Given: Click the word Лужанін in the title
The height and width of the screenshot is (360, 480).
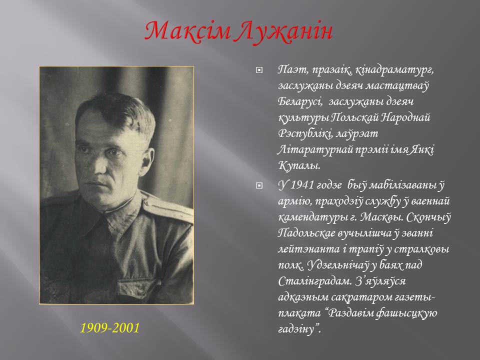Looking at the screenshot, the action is [x=284, y=31].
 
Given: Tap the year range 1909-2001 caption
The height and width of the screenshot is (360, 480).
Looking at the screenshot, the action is [x=110, y=328].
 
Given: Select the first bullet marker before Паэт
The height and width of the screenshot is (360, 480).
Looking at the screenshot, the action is [x=259, y=70].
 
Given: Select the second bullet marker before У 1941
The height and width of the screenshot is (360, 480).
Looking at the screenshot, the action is [x=259, y=185].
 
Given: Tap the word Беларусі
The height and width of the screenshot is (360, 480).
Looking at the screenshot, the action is [x=300, y=101].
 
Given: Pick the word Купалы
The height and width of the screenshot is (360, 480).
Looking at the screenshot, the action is [x=299, y=166].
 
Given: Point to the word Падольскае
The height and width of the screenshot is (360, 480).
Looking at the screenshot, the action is [x=306, y=233].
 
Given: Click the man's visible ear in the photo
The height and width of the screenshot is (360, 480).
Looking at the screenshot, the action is [x=147, y=161].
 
